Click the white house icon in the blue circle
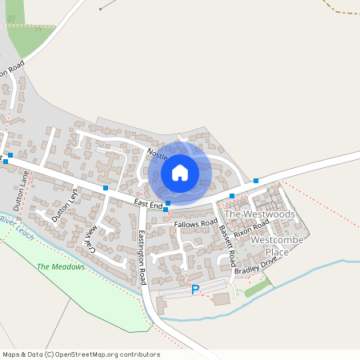pos(180,172)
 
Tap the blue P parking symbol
pos(195,290)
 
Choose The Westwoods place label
pos(259,215)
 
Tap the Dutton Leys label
pos(66,205)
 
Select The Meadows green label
pos(61,266)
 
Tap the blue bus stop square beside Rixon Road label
pos(232,195)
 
